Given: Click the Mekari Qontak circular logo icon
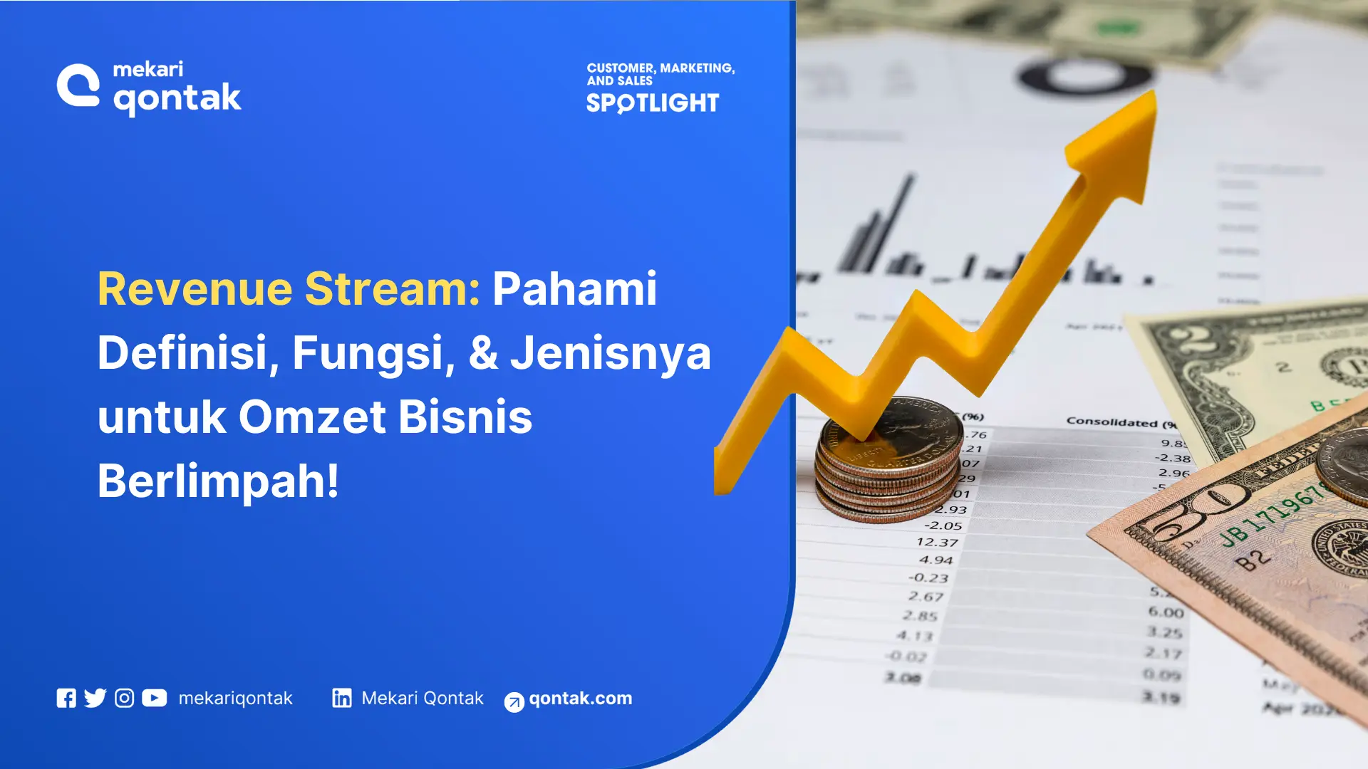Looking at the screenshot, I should point(78,86).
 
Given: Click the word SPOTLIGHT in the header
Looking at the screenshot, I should point(653,104).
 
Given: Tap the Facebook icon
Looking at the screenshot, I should point(66,699).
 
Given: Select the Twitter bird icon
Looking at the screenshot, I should point(95,699).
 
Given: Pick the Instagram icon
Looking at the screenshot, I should point(124,699).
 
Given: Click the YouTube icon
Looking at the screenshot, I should point(154,699).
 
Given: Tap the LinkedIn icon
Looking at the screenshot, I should point(342,699).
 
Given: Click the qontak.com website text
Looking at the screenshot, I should point(580,699).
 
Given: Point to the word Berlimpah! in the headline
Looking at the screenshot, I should point(218,481).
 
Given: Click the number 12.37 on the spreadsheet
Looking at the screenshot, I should point(937,543).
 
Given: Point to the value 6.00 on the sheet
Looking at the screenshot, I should point(1166,612).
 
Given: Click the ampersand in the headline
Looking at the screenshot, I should point(483,353).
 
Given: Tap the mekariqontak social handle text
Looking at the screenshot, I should point(235,699).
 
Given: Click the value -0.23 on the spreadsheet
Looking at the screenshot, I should point(928,578).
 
